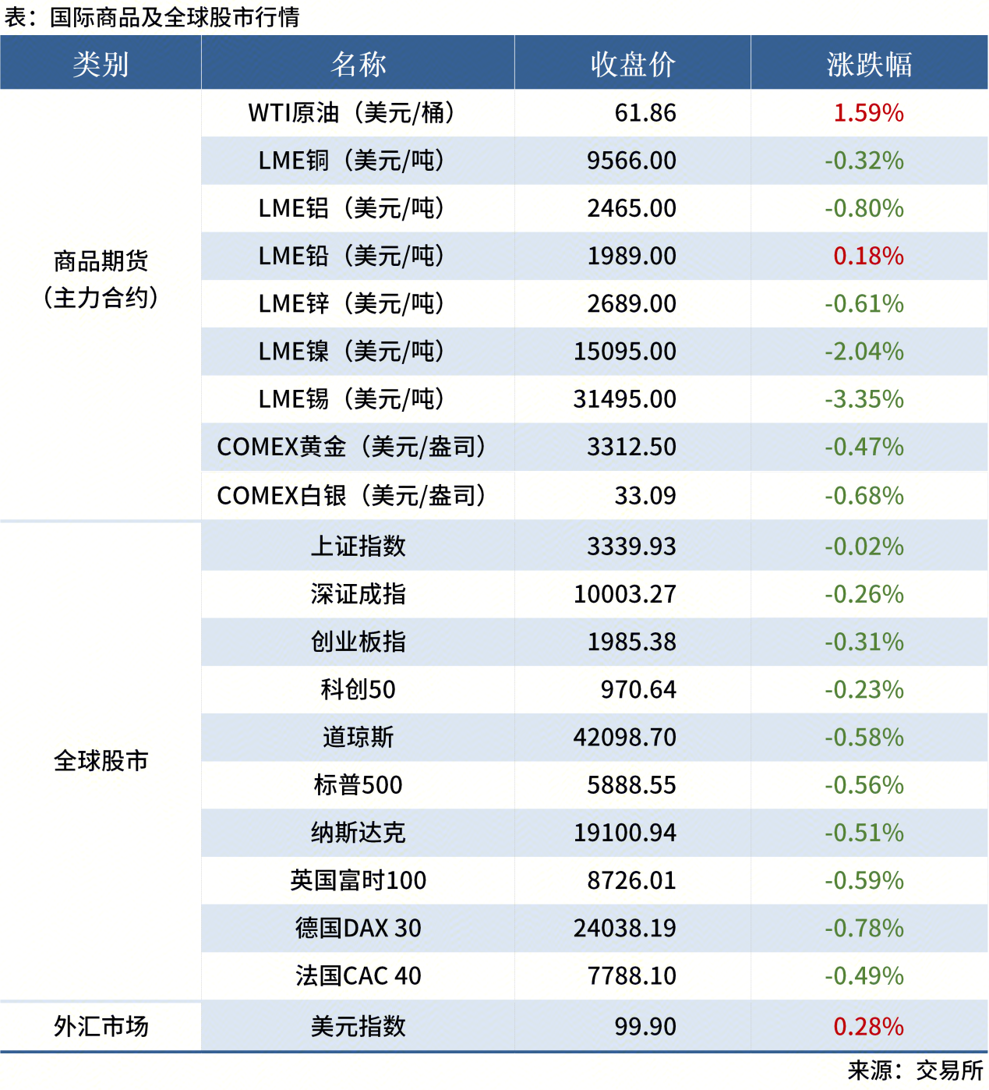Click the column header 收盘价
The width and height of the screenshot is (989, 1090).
click(x=632, y=64)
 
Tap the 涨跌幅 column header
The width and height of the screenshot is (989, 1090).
click(x=869, y=64)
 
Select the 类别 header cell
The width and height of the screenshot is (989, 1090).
click(x=101, y=64)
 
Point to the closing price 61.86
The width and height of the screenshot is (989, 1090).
click(x=645, y=113)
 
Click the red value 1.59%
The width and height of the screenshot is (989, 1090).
click(x=868, y=113)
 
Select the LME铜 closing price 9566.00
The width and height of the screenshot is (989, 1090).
click(x=631, y=161)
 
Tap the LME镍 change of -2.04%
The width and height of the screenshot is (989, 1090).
click(x=864, y=352)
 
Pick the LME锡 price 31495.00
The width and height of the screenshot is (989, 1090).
click(x=625, y=399)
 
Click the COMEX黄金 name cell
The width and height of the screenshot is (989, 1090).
click(x=351, y=447)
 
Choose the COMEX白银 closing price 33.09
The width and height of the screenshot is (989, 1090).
click(x=645, y=496)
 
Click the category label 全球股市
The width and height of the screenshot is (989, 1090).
click(x=101, y=761)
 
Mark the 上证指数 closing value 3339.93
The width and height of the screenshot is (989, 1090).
click(x=631, y=547)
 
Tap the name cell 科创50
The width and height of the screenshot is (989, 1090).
click(x=358, y=690)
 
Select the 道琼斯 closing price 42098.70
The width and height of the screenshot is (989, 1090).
click(x=625, y=738)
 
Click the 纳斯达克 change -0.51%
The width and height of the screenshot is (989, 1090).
click(x=864, y=833)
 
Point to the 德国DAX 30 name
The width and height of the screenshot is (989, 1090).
click(x=358, y=929)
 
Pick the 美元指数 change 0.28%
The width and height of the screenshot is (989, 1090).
click(x=868, y=1027)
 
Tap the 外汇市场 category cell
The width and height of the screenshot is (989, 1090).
click(x=101, y=1027)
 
